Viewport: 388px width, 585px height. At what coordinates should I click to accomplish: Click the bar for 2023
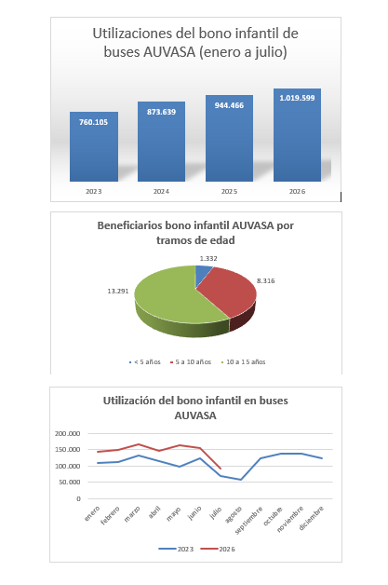(x=94, y=146)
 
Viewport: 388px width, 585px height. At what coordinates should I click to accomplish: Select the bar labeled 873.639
(x=161, y=142)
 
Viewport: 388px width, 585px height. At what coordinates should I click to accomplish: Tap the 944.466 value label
(x=229, y=105)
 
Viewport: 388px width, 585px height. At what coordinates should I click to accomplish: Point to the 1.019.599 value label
(x=297, y=98)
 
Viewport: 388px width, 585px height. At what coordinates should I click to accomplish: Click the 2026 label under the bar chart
(x=297, y=191)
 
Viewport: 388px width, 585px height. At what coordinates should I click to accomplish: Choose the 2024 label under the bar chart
(x=161, y=191)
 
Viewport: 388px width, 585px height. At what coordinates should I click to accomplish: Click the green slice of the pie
(x=171, y=298)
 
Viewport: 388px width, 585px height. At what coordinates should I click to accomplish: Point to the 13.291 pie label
(x=118, y=291)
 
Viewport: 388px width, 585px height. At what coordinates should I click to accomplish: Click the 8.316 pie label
(x=266, y=281)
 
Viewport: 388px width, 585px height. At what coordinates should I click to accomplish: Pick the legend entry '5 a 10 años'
(x=191, y=361)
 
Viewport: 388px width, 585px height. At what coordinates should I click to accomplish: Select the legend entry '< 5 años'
(x=144, y=361)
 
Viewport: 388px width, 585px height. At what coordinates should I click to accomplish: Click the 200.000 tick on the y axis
(x=68, y=433)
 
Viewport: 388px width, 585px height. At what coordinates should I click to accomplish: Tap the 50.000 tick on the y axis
(x=69, y=482)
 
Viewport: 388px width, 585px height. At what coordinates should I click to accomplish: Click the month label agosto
(x=234, y=514)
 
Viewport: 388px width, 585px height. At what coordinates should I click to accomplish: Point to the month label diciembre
(x=311, y=518)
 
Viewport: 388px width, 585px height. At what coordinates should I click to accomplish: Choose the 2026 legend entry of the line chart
(x=218, y=550)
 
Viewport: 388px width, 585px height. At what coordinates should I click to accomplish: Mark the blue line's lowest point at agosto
(x=241, y=480)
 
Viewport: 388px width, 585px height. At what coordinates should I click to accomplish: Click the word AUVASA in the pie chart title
(x=253, y=225)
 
